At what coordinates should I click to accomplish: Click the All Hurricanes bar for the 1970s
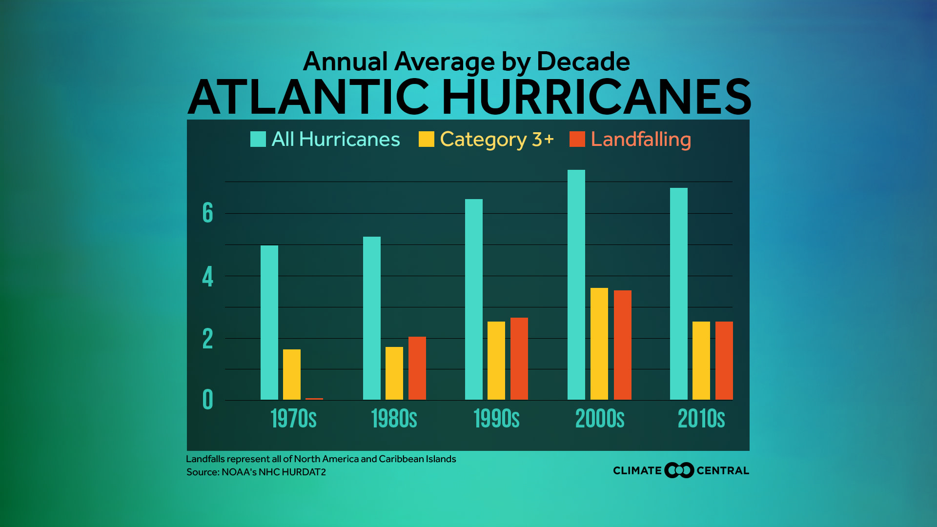pos(269,323)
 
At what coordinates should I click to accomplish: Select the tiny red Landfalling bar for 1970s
pos(314,399)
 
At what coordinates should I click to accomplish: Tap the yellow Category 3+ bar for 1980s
pos(394,373)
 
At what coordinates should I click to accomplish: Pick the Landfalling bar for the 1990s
pos(519,359)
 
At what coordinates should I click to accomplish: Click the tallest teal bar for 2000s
pos(576,285)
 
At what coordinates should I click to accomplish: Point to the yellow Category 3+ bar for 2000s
pos(599,344)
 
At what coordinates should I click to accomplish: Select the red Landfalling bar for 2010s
pos(724,361)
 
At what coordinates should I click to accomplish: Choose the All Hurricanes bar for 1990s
pos(474,300)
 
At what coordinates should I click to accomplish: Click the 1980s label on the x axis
pos(394,419)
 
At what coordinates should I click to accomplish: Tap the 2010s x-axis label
pos(701,419)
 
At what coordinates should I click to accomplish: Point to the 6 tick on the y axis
pos(208,213)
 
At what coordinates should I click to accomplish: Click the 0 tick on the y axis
pos(208,400)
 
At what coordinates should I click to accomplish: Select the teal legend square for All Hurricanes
pos(258,139)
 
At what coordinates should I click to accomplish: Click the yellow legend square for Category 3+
pos(427,139)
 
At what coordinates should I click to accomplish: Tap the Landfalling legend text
pos(641,140)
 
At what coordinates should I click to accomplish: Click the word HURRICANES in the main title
pos(596,97)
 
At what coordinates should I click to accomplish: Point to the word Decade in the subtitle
pos(583,62)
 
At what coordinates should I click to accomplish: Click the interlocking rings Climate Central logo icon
pos(679,470)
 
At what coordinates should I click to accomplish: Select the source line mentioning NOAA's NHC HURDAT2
pos(256,472)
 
